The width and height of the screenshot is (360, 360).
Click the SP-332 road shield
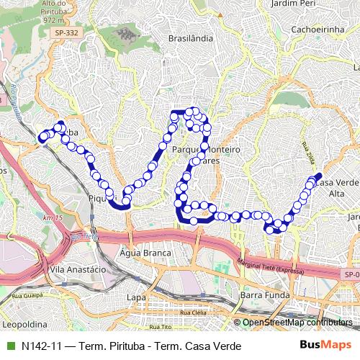69,32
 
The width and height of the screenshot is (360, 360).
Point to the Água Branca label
146,253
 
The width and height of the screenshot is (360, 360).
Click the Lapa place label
135,296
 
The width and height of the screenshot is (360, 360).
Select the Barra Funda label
263,295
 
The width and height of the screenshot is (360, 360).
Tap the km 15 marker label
49,218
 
